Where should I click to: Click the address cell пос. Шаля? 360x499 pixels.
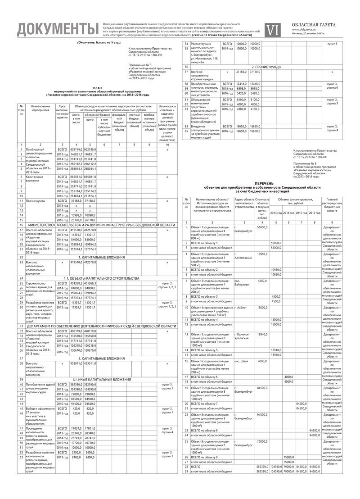[242, 361]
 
